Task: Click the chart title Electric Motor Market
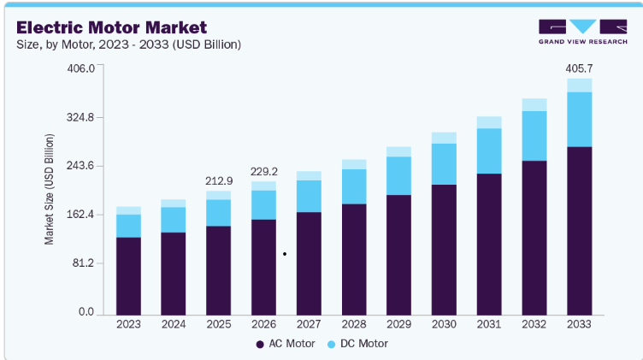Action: (111, 27)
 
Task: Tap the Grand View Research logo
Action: (583, 32)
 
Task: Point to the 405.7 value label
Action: (579, 68)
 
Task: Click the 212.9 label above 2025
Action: (219, 180)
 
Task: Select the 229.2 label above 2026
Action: (264, 171)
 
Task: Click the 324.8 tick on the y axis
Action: (80, 118)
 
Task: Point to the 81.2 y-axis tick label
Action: (83, 263)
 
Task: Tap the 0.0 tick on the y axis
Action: (86, 311)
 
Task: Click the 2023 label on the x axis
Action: (128, 324)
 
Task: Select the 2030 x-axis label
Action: (444, 324)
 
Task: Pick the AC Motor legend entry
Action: (286, 344)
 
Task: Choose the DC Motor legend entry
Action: (357, 344)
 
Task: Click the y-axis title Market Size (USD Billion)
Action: (49, 190)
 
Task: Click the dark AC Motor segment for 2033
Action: (580, 231)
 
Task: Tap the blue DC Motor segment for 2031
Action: (489, 150)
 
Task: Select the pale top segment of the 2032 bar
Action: (534, 104)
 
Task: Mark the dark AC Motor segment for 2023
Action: (128, 276)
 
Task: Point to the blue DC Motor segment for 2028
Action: (354, 186)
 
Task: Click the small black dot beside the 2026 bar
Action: (285, 254)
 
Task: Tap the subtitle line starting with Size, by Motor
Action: (129, 44)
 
